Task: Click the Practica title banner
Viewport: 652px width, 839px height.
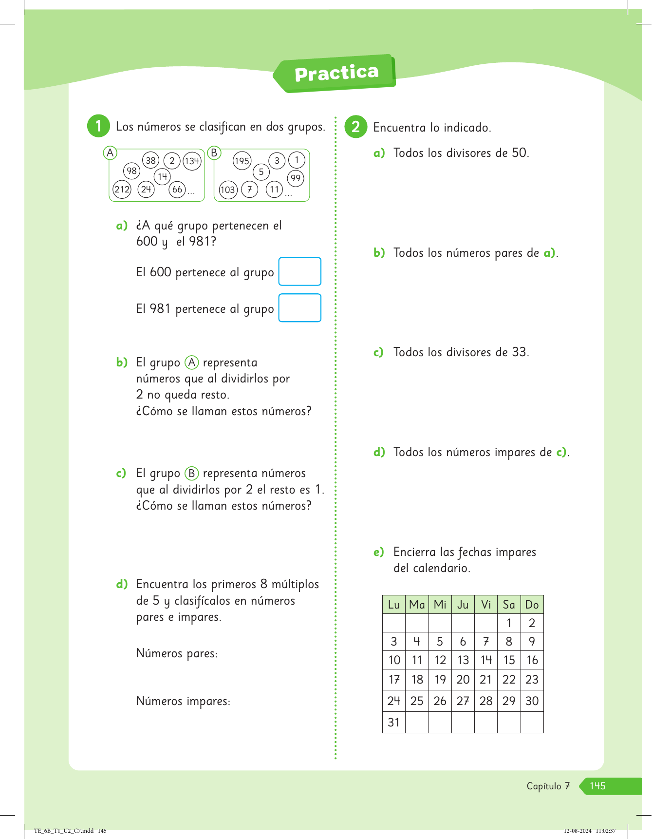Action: (x=336, y=73)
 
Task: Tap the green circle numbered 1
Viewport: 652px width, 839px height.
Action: (x=98, y=126)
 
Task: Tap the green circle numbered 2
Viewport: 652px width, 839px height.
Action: (x=355, y=127)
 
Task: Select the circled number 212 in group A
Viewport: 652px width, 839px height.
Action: (x=122, y=189)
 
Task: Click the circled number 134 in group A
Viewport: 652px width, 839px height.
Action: (x=192, y=161)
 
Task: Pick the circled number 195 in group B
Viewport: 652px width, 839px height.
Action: (x=242, y=161)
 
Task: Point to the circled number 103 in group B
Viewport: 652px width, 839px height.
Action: (x=228, y=190)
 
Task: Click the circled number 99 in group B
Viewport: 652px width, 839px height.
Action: (x=296, y=178)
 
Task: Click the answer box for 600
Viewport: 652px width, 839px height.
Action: (x=299, y=271)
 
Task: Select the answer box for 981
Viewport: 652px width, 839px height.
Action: (x=299, y=308)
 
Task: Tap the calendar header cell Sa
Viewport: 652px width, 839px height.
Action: (x=509, y=605)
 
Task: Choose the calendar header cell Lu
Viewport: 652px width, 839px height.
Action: (x=394, y=605)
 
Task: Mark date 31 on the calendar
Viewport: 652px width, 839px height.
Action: (x=394, y=723)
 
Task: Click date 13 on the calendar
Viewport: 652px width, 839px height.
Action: (x=463, y=660)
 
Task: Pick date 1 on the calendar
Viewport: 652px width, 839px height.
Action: (x=509, y=623)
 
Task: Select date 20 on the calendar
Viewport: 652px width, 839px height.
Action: (x=463, y=680)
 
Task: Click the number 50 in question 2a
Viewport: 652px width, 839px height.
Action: (x=520, y=153)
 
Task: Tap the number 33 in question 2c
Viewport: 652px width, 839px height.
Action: (x=520, y=352)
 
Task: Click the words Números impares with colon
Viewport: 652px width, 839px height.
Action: (x=183, y=701)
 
